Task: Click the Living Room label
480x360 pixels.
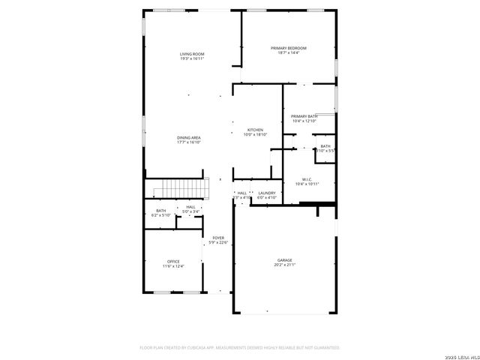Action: click(192, 54)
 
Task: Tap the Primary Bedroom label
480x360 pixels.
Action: click(289, 48)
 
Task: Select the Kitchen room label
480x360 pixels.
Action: click(255, 130)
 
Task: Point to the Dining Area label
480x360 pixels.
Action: click(188, 137)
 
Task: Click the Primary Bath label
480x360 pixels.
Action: click(304, 116)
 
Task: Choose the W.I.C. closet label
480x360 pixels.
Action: click(307, 178)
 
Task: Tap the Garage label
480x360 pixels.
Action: click(283, 260)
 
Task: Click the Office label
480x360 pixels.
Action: click(173, 261)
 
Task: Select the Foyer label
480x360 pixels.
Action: click(218, 238)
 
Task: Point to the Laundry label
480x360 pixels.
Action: click(267, 193)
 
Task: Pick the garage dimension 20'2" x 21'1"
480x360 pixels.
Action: click(283, 265)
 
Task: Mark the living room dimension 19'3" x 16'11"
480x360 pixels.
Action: click(192, 58)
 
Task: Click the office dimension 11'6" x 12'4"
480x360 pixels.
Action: click(173, 265)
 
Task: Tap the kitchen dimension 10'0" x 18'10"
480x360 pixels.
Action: click(255, 134)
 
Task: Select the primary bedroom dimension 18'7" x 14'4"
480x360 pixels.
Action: click(289, 52)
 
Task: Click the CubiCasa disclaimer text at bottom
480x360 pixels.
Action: click(240, 348)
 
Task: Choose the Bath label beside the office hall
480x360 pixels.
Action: click(161, 211)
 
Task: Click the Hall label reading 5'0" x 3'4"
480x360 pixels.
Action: click(190, 211)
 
